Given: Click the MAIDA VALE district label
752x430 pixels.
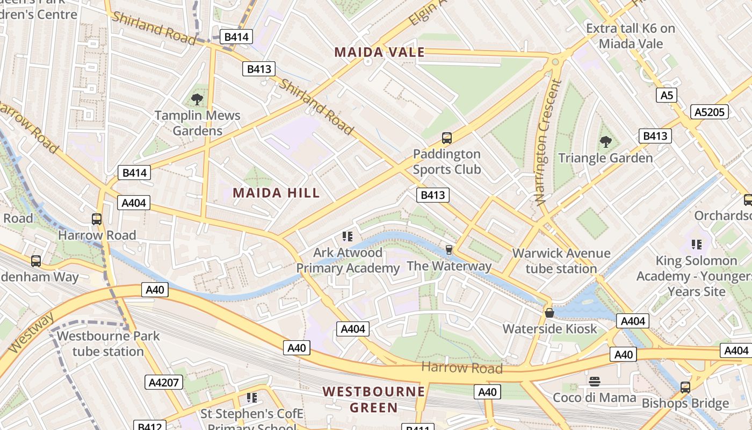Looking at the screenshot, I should click(x=379, y=52).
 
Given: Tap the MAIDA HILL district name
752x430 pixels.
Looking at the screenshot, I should click(x=276, y=193).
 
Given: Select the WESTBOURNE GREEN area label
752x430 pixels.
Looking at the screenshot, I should click(x=374, y=399).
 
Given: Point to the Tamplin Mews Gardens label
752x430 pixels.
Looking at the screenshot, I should click(x=198, y=123).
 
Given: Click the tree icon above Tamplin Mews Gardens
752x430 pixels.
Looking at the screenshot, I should click(x=197, y=99).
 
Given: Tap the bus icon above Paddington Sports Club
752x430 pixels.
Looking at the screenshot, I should click(x=447, y=138).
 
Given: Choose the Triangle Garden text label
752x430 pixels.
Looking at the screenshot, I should click(x=605, y=158).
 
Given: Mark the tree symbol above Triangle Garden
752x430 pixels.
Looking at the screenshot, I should click(x=606, y=142).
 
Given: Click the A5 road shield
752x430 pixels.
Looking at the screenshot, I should click(x=666, y=96).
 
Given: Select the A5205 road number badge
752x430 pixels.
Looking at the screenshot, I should click(x=710, y=112).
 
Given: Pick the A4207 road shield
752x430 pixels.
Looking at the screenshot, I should click(x=164, y=382).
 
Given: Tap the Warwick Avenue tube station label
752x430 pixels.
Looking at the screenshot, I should click(x=561, y=261).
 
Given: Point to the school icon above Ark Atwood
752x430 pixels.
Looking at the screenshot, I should click(x=347, y=236).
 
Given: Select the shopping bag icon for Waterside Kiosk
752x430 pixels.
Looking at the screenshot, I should click(x=549, y=312).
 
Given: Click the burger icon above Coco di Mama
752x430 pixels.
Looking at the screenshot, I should click(x=594, y=382).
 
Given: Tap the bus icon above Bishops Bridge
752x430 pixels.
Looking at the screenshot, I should click(x=685, y=387).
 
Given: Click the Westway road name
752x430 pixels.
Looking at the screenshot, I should click(x=31, y=333).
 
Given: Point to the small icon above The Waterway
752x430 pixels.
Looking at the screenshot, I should click(x=449, y=250).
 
